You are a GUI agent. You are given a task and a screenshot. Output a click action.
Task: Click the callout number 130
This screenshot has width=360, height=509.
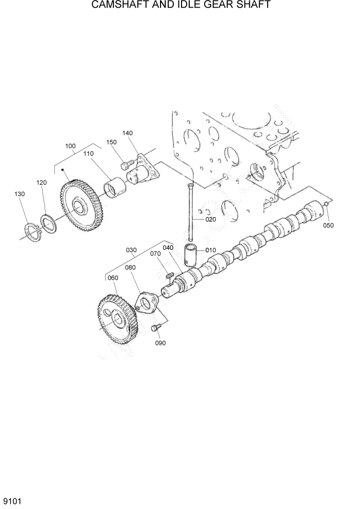(x=19, y=194)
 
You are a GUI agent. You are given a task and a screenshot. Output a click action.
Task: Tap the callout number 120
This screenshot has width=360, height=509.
(x=42, y=182)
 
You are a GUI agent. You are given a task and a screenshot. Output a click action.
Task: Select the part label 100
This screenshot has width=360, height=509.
(x=70, y=146)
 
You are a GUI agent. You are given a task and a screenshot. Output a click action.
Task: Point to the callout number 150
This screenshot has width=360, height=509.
(x=111, y=142)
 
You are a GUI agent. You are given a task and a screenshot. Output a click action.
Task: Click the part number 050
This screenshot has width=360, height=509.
(x=328, y=225)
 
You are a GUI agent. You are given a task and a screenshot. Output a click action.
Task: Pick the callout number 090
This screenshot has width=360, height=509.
(x=160, y=343)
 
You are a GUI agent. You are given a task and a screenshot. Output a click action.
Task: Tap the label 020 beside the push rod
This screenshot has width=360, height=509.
(x=211, y=219)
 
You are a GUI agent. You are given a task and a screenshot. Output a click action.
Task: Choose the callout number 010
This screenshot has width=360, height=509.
(x=211, y=250)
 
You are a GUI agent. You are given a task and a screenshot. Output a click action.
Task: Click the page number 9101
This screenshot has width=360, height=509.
(x=11, y=500)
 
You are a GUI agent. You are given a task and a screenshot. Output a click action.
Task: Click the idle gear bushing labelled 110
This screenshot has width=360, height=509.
(x=115, y=187)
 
